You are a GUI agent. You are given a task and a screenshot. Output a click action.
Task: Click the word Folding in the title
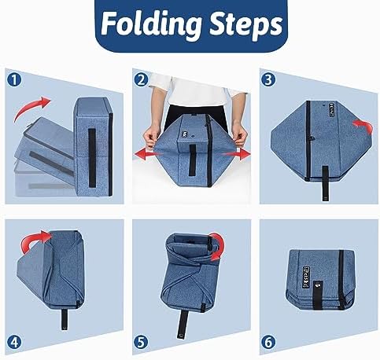click(151, 24)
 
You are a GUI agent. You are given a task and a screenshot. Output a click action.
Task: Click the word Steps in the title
click(246, 24)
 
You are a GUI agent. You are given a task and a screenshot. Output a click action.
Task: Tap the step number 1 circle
click(14, 79)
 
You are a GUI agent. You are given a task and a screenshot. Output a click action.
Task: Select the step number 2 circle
click(141, 79)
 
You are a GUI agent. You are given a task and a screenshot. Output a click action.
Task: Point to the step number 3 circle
click(268, 79)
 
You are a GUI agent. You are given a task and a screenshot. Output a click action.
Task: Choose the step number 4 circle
click(14, 342)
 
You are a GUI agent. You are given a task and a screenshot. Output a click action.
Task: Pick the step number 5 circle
click(141, 342)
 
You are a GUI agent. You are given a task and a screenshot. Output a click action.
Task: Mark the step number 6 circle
click(268, 342)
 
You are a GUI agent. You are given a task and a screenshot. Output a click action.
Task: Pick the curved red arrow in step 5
click(220, 246)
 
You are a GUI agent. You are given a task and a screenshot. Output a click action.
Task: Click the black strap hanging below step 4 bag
click(65, 319)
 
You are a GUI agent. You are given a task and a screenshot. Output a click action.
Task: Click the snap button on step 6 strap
click(319, 285)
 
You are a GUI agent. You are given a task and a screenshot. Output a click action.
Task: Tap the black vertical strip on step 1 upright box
click(92, 158)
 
